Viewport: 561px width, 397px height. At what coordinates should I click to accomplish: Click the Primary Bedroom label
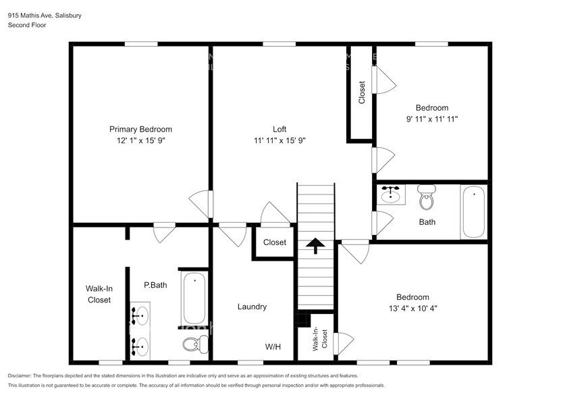[x=140, y=129]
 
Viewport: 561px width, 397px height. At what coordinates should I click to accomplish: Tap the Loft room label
[x=279, y=129]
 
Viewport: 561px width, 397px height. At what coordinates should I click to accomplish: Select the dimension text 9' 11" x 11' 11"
[x=431, y=118]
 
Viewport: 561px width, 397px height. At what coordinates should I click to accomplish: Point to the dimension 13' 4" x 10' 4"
[x=412, y=308]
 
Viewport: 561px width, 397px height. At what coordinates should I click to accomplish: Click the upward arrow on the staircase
[x=315, y=245]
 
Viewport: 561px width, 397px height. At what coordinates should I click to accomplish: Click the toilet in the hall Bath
[x=426, y=198]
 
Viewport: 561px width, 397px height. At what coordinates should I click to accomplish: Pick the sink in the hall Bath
[x=390, y=195]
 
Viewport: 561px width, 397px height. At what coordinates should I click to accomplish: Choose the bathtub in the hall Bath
[x=473, y=211]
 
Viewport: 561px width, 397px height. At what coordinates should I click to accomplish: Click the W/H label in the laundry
[x=273, y=347]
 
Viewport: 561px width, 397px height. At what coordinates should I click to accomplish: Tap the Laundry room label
[x=252, y=307]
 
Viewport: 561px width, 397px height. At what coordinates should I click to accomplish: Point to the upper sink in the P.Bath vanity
[x=140, y=315]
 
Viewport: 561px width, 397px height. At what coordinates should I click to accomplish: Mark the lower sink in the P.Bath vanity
[x=140, y=346]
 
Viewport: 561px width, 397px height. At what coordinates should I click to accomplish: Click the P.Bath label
[x=155, y=285]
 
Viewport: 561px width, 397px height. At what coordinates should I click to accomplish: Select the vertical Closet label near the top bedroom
[x=362, y=92]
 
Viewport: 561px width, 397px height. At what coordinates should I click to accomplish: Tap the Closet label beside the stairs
[x=275, y=242]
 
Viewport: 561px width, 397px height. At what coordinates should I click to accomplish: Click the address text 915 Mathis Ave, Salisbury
[x=41, y=14]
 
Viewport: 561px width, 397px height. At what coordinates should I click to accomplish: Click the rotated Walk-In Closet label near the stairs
[x=320, y=339]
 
